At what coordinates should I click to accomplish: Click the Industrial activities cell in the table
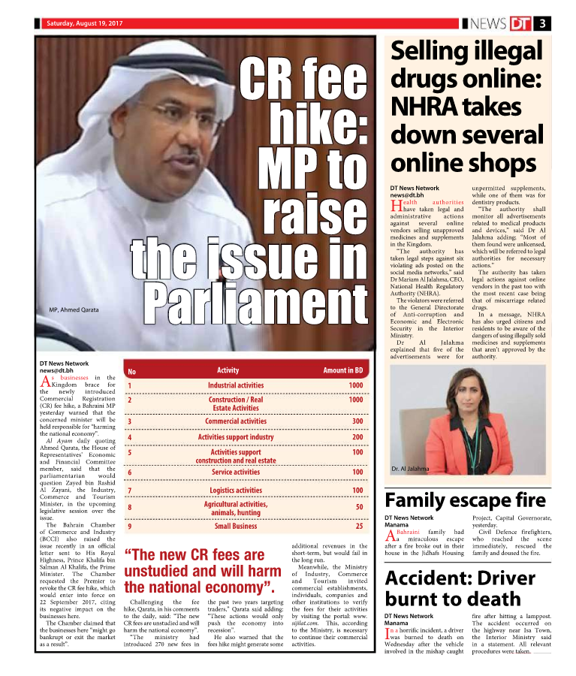click(x=236, y=385)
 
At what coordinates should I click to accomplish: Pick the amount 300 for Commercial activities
click(x=357, y=421)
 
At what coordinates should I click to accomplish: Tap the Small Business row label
click(x=236, y=526)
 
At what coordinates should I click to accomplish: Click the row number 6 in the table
click(x=131, y=472)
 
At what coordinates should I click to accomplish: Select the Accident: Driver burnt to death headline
click(x=463, y=588)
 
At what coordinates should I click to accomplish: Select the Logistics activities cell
click(x=236, y=490)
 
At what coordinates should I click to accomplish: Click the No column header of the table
click(x=131, y=371)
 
